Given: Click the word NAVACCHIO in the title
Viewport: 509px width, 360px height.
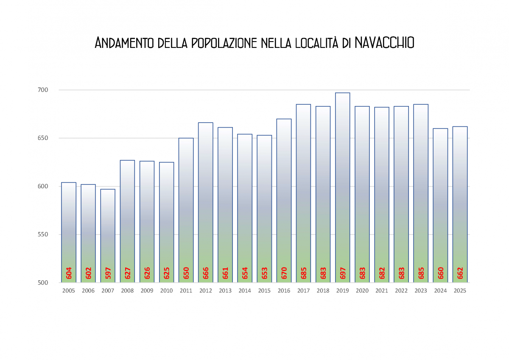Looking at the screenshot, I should [384, 43].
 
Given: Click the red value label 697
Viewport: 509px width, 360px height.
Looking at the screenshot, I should [343, 273].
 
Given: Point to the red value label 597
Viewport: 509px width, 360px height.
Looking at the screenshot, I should [108, 273].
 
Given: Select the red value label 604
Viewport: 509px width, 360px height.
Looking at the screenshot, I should [69, 273].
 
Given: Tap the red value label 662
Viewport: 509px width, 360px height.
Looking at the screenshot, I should [460, 273].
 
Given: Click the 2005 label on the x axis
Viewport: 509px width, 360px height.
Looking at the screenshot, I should [69, 291].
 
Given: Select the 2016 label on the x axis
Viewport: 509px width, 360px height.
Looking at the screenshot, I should [284, 291].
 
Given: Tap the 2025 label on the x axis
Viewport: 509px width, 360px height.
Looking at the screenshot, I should [460, 291].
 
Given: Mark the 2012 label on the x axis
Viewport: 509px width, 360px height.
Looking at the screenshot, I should [206, 291].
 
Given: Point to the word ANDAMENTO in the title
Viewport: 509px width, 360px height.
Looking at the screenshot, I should [124, 43].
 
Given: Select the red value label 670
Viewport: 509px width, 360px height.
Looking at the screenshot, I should [284, 273].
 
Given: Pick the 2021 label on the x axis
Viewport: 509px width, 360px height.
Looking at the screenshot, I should [382, 291].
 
